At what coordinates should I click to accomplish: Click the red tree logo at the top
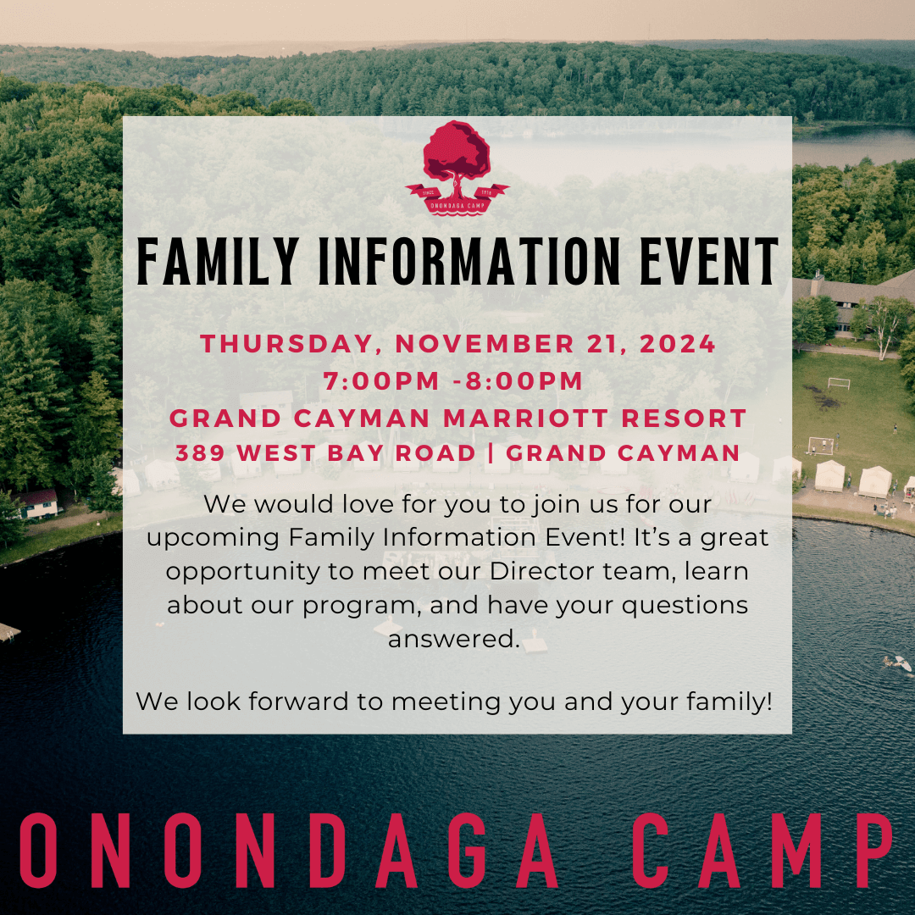click(x=457, y=169)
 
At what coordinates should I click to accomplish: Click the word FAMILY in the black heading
click(x=218, y=262)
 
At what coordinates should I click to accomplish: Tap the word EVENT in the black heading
click(x=709, y=262)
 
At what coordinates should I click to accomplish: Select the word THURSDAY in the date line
click(x=286, y=344)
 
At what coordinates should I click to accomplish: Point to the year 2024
click(x=678, y=344)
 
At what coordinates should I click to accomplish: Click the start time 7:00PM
click(x=381, y=381)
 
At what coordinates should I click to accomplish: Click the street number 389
click(x=200, y=453)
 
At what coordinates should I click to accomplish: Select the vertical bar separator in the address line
click(x=491, y=453)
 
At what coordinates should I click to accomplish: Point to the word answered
click(x=454, y=639)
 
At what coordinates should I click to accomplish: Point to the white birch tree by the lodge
click(x=887, y=324)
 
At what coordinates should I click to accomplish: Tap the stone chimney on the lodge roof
click(x=818, y=283)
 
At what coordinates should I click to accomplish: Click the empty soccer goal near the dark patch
click(x=839, y=384)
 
